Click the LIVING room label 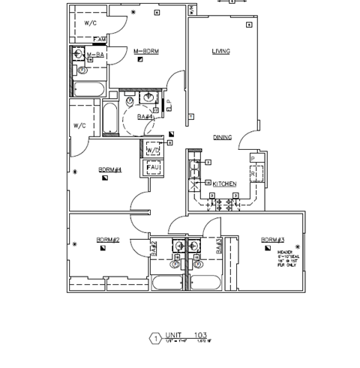click(220, 51)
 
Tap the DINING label click(222, 138)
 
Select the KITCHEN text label click(224, 184)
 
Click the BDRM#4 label click(109, 170)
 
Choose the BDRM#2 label click(107, 240)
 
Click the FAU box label click(152, 167)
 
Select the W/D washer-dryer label click(152, 150)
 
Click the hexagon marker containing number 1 click(156, 338)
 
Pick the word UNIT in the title click(174, 335)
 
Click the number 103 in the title click(201, 335)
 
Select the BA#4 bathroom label click(145, 117)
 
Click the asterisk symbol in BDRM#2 click(77, 241)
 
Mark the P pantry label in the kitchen click(253, 158)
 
